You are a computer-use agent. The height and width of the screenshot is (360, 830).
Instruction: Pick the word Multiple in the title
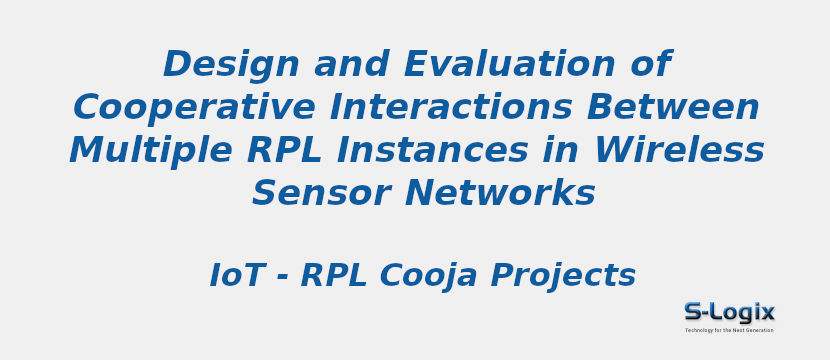(136, 150)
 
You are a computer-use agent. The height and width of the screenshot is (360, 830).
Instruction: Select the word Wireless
(679, 150)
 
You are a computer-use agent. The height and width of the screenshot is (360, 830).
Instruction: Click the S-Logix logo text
(729, 312)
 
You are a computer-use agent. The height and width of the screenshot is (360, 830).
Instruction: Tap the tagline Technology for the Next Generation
(729, 330)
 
